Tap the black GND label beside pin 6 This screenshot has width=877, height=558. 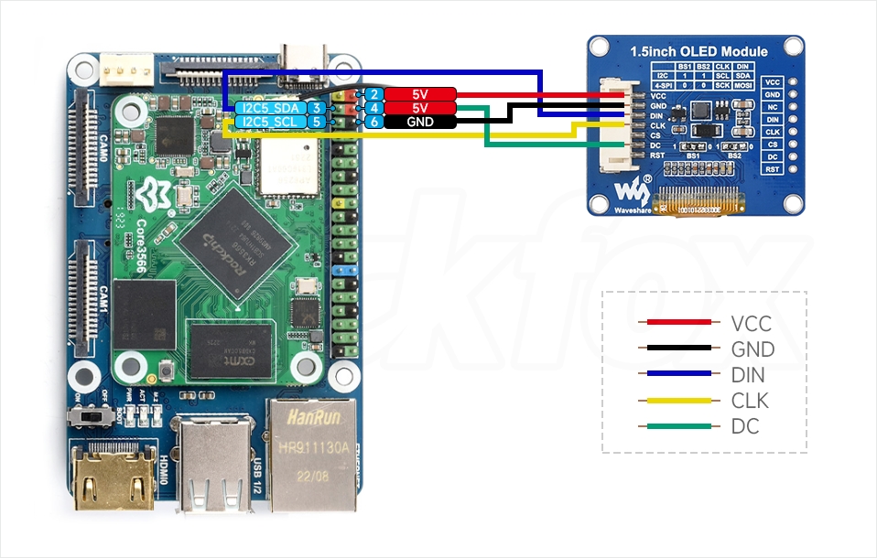pos(420,122)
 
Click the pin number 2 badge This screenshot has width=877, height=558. pos(374,94)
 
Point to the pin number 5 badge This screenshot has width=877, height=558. pos(316,121)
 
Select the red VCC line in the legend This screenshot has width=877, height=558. pos(678,322)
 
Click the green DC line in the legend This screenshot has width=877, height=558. pos(678,425)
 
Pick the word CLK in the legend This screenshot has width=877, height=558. pos(750,401)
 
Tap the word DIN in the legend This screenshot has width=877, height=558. pos(748,375)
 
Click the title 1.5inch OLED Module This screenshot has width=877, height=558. pos(698,51)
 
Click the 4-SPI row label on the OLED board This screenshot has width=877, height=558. pos(664,85)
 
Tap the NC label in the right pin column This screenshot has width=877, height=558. pos(773,107)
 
